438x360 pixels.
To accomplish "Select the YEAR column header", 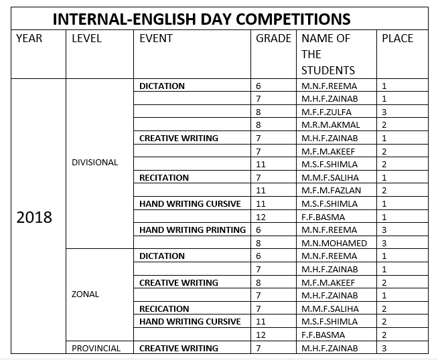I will coord(29,39).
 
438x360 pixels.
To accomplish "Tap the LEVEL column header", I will coord(86,39).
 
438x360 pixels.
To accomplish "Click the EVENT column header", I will coord(156,39).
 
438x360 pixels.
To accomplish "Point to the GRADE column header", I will coord(274,39).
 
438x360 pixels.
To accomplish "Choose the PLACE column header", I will coord(397,39).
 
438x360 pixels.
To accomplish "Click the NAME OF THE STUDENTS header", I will coord(328,54).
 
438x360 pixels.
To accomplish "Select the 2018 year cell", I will coord(34,217).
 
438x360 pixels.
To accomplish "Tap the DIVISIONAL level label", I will coord(94,163).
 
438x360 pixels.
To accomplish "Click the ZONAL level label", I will coord(85,294).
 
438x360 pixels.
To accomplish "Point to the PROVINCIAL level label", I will coord(96,348).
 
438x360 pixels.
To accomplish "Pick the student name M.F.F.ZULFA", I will coord(326,112).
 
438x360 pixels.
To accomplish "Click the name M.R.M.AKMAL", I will coord(331,125).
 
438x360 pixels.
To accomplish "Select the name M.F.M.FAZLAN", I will coord(332,191).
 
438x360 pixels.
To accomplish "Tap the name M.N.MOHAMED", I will coord(334,243).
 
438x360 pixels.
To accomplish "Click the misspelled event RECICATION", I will coord(164,308).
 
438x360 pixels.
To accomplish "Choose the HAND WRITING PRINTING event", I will coord(192,230).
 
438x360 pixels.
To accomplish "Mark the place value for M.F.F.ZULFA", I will coord(384,112).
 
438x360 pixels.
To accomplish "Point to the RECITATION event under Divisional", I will coord(164,178).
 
